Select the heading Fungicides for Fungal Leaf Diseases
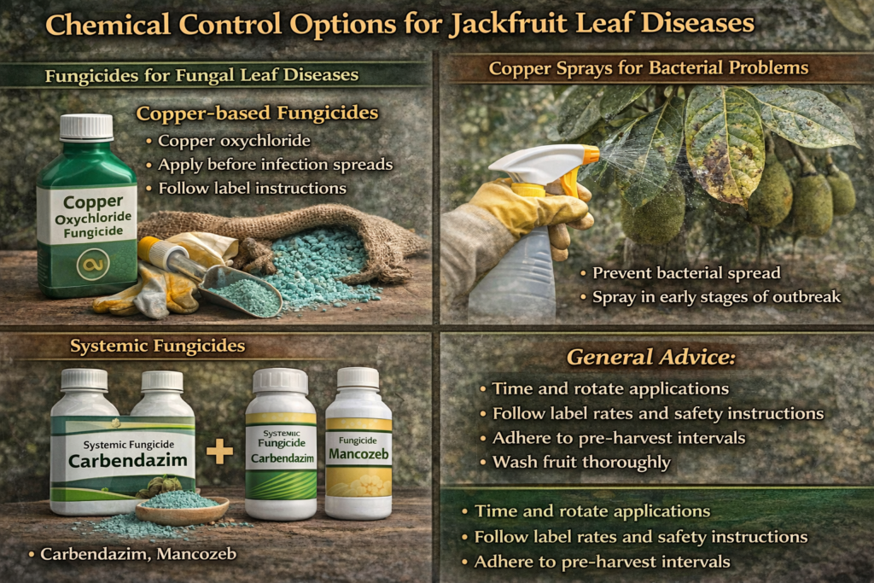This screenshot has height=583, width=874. [x=201, y=75]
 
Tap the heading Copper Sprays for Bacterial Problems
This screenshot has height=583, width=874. [x=649, y=67]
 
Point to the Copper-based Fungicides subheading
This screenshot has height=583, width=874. [x=257, y=113]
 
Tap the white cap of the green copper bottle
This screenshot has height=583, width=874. [x=86, y=127]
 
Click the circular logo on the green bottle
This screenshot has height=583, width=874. [x=88, y=265]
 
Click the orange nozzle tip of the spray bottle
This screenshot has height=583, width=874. [x=591, y=155]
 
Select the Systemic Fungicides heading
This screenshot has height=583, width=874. [x=157, y=346]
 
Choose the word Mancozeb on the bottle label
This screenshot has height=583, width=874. [x=358, y=456]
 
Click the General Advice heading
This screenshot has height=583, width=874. [x=651, y=357]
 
